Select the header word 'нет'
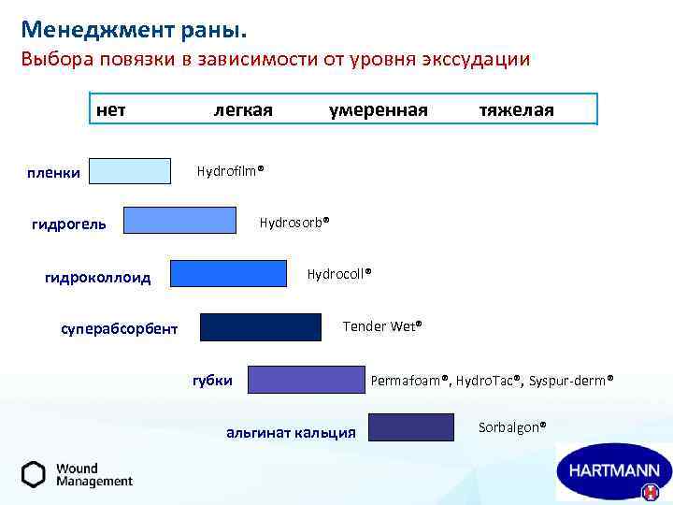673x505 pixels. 111,110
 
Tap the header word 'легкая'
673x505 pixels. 243,110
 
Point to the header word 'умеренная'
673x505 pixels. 378,110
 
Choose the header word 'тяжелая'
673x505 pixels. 516,110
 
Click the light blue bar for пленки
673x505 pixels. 130,171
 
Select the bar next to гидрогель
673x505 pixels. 180,220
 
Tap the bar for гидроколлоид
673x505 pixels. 228,273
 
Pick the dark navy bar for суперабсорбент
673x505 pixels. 261,326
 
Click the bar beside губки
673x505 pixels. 306,379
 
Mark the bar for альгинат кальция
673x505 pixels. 410,426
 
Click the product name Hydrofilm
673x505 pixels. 230,171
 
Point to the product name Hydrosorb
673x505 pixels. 294,222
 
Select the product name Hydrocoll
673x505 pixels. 339,273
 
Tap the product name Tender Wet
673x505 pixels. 382,326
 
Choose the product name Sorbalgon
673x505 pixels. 512,427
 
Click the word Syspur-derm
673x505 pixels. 571,381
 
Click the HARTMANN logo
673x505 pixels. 613,470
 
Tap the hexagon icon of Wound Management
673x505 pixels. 34,474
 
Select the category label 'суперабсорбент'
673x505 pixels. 119,329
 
